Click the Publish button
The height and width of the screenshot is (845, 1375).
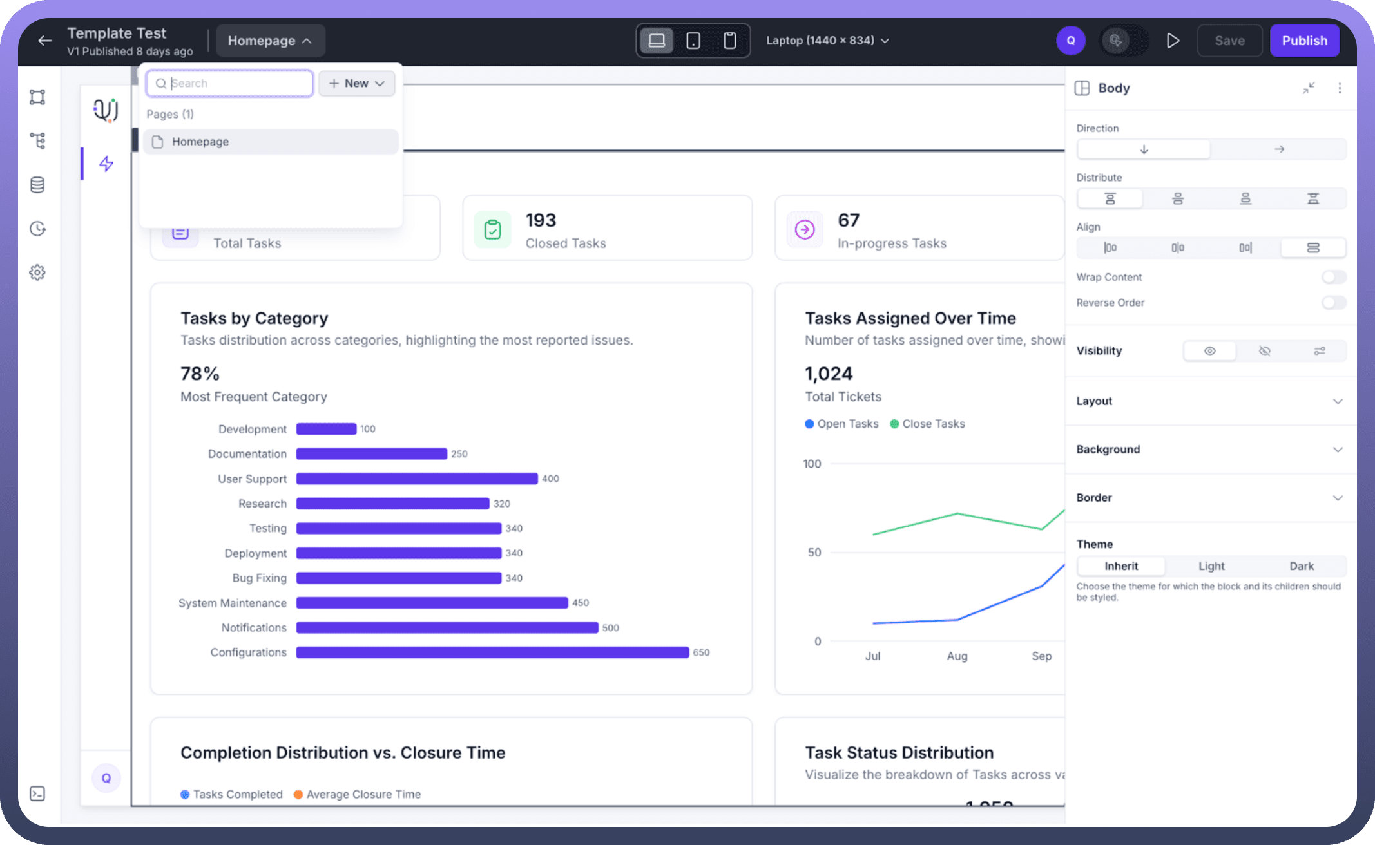[x=1304, y=41]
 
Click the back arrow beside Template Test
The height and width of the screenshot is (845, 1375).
[x=44, y=41]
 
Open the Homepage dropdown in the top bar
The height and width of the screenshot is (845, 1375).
[x=270, y=41]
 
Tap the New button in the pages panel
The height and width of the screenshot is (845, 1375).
[x=356, y=83]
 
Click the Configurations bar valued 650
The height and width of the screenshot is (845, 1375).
[x=492, y=652]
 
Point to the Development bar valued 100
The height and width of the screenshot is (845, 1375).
[x=326, y=429]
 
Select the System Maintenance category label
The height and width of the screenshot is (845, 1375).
[x=232, y=603]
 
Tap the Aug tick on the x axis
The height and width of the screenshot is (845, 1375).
[x=957, y=656]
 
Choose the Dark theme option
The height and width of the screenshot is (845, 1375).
[x=1301, y=566]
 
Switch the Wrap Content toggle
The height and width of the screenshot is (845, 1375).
[x=1333, y=277]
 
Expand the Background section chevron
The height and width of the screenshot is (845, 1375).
[x=1338, y=450]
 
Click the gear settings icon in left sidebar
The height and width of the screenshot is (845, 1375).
[x=37, y=272]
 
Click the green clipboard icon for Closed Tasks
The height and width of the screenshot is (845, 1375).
[x=492, y=229]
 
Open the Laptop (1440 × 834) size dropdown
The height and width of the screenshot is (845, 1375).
[x=827, y=41]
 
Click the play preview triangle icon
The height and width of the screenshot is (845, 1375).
[x=1173, y=41]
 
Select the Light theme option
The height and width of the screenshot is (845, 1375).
[x=1211, y=566]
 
